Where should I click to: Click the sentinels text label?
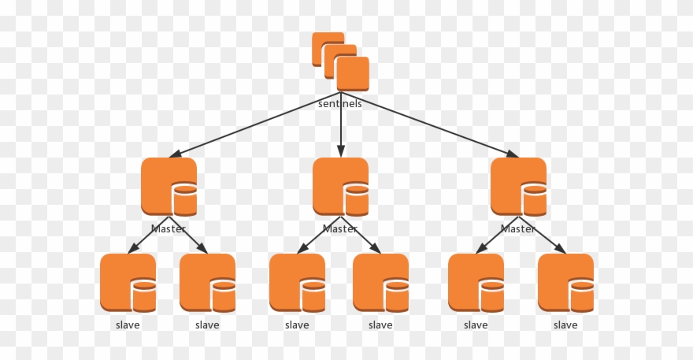click(x=340, y=103)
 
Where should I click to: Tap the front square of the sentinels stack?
click(x=352, y=74)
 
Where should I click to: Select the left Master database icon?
click(x=169, y=187)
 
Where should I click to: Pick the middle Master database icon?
click(x=340, y=187)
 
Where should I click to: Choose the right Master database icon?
click(x=518, y=187)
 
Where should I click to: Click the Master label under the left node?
click(x=169, y=229)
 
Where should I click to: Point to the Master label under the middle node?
click(x=340, y=229)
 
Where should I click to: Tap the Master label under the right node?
click(x=518, y=229)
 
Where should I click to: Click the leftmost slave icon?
click(x=128, y=283)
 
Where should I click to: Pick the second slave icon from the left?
click(x=207, y=283)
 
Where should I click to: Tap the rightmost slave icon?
click(x=565, y=283)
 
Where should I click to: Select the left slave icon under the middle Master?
click(x=297, y=283)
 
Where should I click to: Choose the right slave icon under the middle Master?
click(x=380, y=283)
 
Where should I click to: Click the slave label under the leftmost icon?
click(x=128, y=325)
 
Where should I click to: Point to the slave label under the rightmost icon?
click(x=565, y=325)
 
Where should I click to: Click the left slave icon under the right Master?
click(x=476, y=283)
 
